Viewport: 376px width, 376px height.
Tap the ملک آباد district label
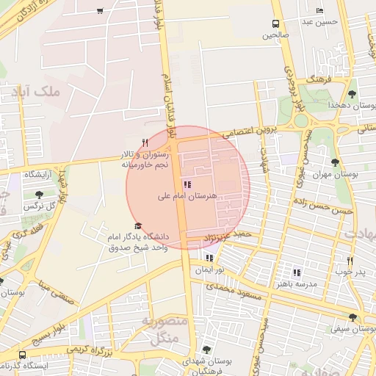tap(35, 93)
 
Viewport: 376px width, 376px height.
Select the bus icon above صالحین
tap(276, 23)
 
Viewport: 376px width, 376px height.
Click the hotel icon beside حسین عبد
tap(319, 11)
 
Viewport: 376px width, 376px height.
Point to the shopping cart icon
tap(100, 11)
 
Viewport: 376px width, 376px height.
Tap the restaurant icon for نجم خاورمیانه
tap(145, 142)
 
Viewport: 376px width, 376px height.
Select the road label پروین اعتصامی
tap(248, 131)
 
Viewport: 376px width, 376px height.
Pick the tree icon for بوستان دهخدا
tap(352, 94)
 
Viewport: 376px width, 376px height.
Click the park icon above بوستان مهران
tap(335, 162)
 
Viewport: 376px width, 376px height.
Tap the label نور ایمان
tap(209, 270)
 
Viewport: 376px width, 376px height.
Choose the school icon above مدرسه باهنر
tap(297, 272)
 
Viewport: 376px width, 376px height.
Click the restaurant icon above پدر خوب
tap(351, 261)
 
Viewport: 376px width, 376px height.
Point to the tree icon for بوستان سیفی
tap(353, 318)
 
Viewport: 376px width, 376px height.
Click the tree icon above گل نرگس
tap(39, 194)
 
